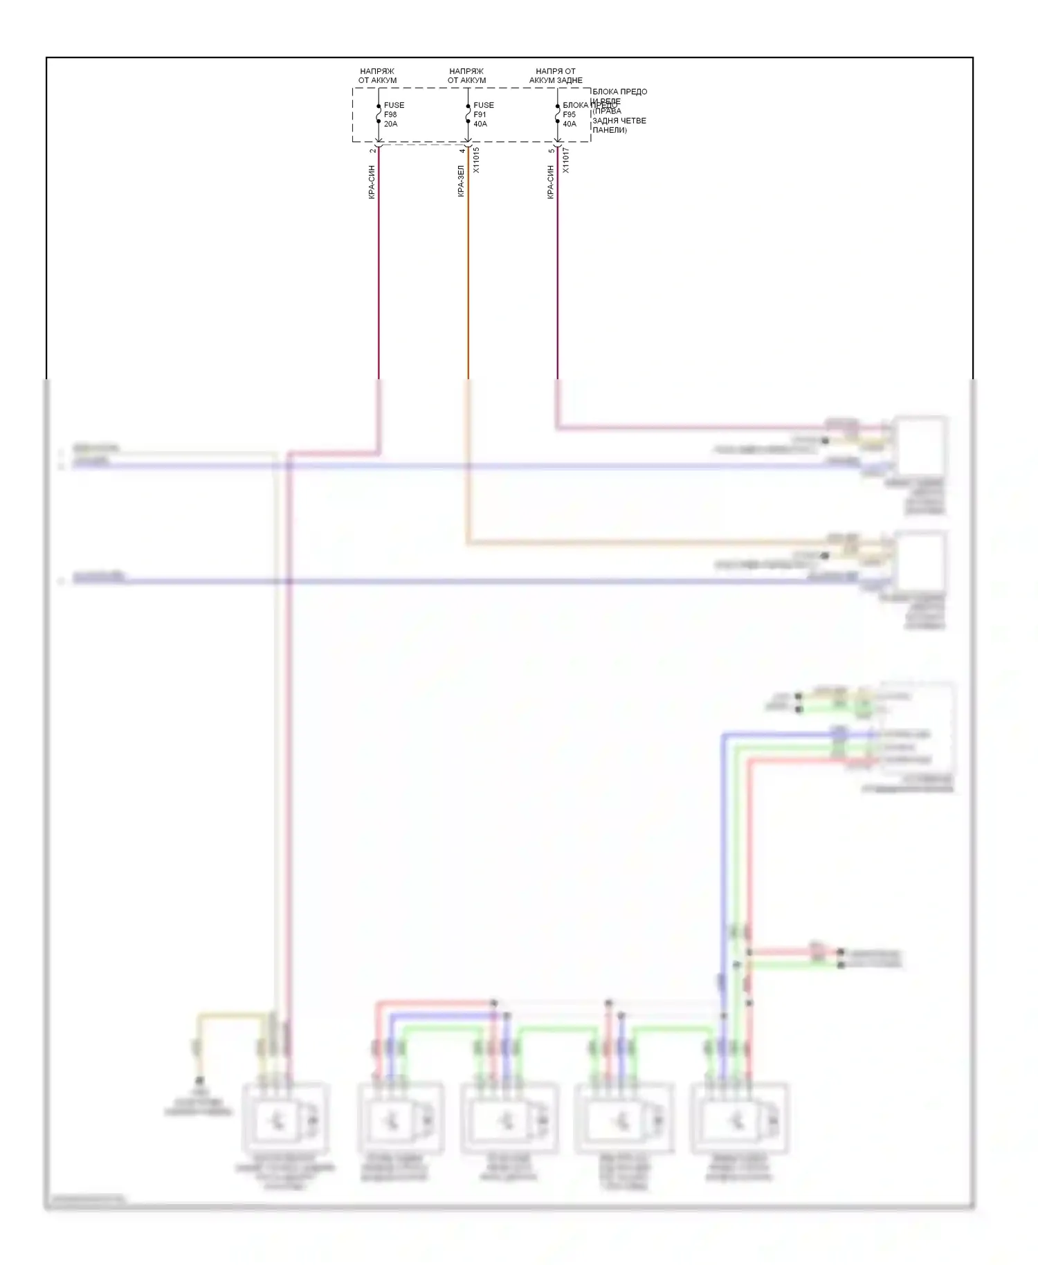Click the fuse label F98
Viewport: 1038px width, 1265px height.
(x=390, y=115)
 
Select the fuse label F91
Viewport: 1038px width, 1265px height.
(x=480, y=115)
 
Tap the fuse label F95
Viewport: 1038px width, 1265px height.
(x=569, y=115)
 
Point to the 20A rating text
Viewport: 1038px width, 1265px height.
(x=390, y=125)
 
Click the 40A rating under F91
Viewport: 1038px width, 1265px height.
(x=480, y=125)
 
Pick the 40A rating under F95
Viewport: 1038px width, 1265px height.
(x=570, y=125)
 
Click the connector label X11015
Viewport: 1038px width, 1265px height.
(x=476, y=160)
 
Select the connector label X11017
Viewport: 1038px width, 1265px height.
(x=565, y=160)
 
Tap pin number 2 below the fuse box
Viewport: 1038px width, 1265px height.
(x=372, y=150)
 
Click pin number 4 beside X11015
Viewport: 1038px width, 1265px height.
(x=462, y=150)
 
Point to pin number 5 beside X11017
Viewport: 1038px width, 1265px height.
(x=551, y=150)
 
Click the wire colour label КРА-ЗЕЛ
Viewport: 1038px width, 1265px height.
(x=461, y=181)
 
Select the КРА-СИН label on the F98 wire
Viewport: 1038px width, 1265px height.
(x=372, y=182)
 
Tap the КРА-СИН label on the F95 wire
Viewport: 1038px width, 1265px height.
(x=550, y=182)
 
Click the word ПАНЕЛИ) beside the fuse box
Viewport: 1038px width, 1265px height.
(x=610, y=130)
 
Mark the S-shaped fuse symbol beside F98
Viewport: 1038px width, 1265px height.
(x=379, y=113)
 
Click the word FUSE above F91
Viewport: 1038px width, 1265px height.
(x=484, y=105)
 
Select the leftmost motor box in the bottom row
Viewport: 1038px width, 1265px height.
(x=284, y=1119)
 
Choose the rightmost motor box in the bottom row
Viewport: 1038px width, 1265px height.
(x=739, y=1119)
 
